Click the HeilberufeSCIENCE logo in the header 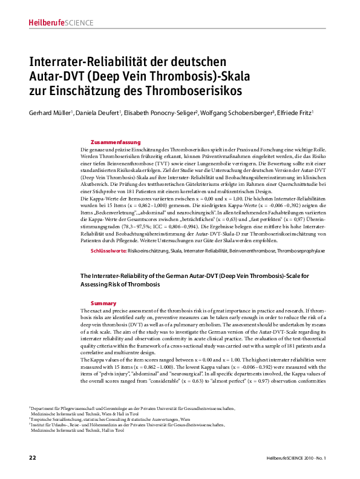click(61, 23)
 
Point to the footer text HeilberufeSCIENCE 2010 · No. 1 click(296, 458)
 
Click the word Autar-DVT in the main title click(56, 77)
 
